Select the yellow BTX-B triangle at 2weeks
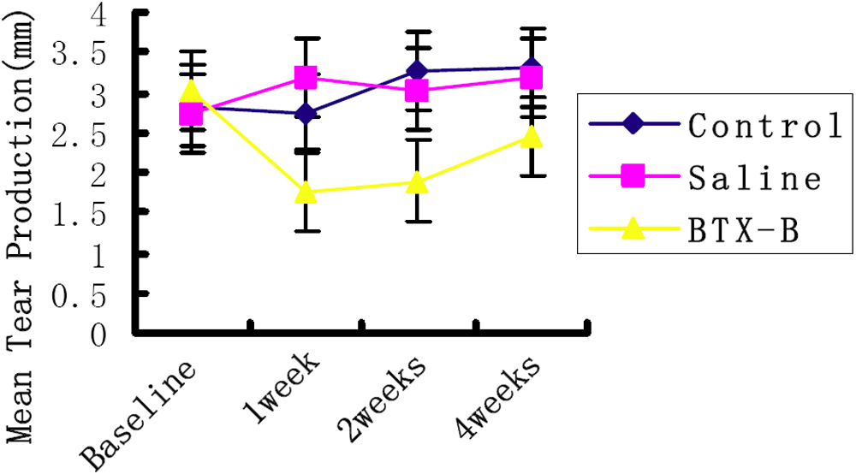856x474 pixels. point(417,182)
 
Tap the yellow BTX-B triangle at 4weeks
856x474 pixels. point(532,137)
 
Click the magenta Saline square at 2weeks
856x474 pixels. point(417,91)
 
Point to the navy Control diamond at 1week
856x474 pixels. point(306,114)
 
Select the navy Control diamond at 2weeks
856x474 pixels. point(417,70)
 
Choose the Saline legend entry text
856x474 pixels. point(753,178)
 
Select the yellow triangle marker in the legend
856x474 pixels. point(633,228)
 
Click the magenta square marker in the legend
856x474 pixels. point(633,177)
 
